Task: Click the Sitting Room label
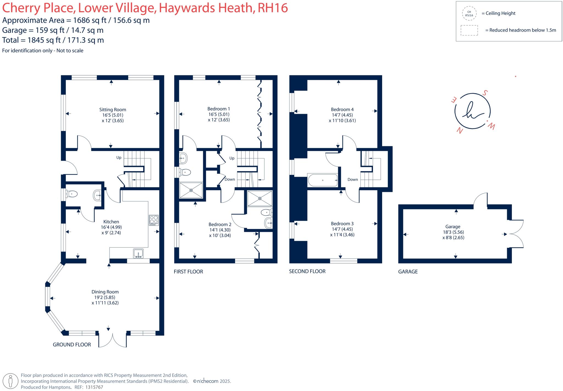(x=112, y=109)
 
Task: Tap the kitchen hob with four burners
(x=154, y=220)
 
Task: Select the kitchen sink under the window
(x=138, y=253)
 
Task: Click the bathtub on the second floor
(x=323, y=180)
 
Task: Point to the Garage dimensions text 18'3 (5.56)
(x=453, y=232)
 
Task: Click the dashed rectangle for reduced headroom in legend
(x=469, y=30)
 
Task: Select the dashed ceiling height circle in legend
(x=469, y=13)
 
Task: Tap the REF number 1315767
(x=94, y=387)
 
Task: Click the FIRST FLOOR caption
(x=188, y=272)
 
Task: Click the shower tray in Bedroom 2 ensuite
(x=260, y=198)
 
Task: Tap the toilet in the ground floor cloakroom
(x=71, y=194)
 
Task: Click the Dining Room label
(x=105, y=292)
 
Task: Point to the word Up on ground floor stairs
(x=119, y=157)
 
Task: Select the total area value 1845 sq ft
(x=44, y=40)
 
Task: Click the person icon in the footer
(x=11, y=381)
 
